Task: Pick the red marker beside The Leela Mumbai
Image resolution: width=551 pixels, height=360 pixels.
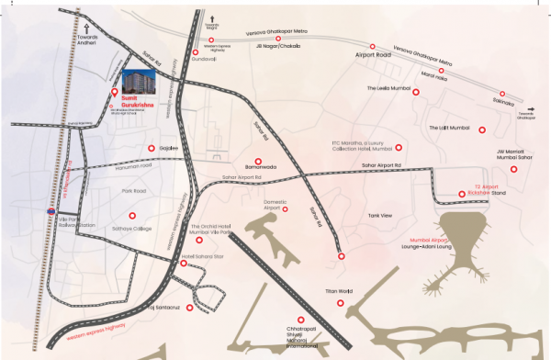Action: (x=416, y=92)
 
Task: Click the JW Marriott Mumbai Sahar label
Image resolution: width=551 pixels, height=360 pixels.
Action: (x=514, y=155)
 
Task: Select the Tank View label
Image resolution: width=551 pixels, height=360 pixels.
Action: (x=379, y=215)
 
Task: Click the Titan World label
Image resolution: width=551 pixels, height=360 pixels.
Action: (x=339, y=290)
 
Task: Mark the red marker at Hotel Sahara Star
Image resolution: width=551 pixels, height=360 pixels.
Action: (x=185, y=264)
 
